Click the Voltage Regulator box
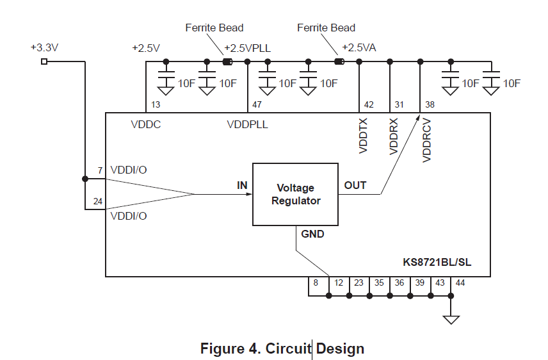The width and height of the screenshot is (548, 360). [x=295, y=194]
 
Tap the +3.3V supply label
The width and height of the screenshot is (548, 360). [x=44, y=47]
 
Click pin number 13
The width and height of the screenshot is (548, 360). [x=156, y=104]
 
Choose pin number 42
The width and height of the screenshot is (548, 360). [x=369, y=104]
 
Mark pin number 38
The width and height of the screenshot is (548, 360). [x=430, y=104]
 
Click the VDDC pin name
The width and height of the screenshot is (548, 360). [x=146, y=124]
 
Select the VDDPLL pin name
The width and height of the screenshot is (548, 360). [x=247, y=124]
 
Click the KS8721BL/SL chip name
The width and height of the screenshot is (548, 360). [x=437, y=263]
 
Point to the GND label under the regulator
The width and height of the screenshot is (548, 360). [x=312, y=234]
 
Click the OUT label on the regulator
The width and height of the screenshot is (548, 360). [x=355, y=185]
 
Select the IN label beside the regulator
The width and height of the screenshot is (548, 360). [x=242, y=185]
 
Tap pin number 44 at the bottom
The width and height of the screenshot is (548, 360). [x=460, y=282]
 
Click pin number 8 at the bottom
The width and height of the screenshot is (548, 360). [x=315, y=282]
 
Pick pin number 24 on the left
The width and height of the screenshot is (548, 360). [x=97, y=201]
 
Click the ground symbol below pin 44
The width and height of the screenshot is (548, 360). [x=451, y=318]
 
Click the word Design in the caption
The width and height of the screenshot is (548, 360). [x=340, y=348]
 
